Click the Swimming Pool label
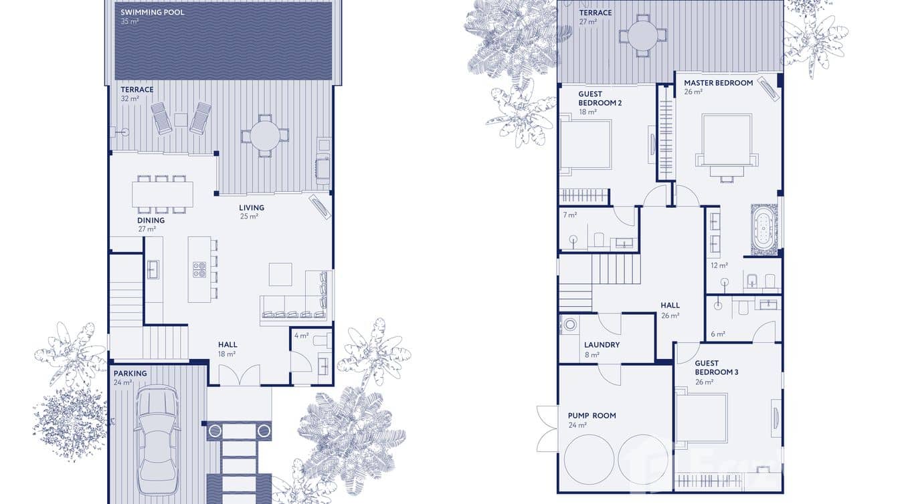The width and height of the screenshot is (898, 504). click(153, 13)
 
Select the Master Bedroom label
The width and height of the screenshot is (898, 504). click(718, 83)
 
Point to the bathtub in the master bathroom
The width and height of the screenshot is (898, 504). click(764, 230)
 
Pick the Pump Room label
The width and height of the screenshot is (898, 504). click(592, 415)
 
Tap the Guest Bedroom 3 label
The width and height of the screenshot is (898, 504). click(716, 368)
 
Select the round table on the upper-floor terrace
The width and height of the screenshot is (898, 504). click(642, 35)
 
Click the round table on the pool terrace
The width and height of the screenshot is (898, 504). click(265, 135)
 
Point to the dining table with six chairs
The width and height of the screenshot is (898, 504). click(162, 195)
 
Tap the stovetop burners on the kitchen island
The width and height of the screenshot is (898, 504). click(199, 269)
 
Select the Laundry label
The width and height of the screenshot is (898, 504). click(602, 345)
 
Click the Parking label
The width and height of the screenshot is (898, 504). click(130, 374)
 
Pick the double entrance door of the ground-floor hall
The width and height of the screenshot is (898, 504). click(240, 375)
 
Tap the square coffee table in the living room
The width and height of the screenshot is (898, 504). click(280, 274)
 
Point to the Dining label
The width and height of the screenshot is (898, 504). click(151, 220)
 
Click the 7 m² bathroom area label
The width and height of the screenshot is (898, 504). click(569, 215)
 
